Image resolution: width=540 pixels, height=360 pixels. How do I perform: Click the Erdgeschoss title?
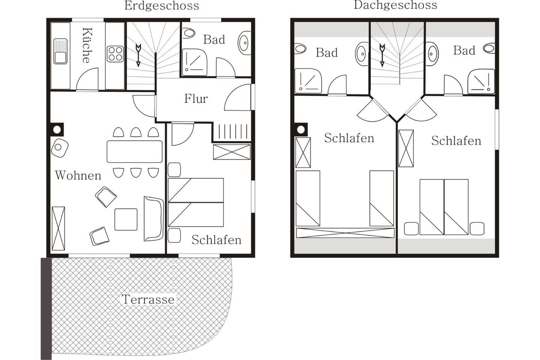[162, 6]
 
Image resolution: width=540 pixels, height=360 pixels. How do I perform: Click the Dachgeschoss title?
[395, 5]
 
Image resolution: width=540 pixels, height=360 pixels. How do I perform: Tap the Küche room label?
[87, 45]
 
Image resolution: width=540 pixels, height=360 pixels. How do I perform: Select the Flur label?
[196, 99]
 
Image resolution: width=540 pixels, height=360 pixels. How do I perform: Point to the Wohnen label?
[78, 175]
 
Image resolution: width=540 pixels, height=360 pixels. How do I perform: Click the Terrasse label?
[148, 300]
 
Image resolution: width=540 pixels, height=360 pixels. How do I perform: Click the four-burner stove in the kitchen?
[115, 54]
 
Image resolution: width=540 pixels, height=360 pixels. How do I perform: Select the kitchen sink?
[60, 51]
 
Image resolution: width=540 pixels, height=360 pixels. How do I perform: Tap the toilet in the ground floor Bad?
[189, 33]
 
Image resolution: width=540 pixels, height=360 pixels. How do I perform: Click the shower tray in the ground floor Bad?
[195, 62]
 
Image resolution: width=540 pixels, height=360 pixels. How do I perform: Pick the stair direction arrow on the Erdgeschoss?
[138, 55]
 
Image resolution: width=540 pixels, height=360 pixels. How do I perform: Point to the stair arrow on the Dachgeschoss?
[382, 55]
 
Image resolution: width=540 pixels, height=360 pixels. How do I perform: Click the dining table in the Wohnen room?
[135, 151]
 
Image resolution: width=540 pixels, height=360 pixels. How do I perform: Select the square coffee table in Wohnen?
[126, 219]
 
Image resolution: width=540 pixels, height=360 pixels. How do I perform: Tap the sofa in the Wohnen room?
[154, 219]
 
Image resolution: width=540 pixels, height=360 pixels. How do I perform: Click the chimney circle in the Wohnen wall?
[57, 130]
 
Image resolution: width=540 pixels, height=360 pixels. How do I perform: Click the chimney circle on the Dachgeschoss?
[301, 130]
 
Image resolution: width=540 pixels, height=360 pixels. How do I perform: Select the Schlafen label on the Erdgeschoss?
[216, 240]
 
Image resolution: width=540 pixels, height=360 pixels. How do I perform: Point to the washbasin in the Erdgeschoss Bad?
[244, 43]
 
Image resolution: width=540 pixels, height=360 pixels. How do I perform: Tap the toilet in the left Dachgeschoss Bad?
[300, 48]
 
